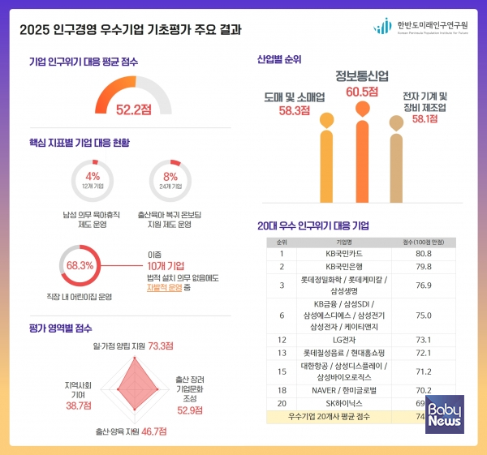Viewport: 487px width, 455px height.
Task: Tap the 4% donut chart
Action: (92, 180)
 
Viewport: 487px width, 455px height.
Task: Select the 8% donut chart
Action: (170, 180)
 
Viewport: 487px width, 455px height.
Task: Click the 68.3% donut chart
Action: (80, 264)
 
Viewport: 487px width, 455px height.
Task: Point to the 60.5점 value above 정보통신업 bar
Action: (362, 92)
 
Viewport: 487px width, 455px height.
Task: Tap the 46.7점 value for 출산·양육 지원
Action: (148, 433)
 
